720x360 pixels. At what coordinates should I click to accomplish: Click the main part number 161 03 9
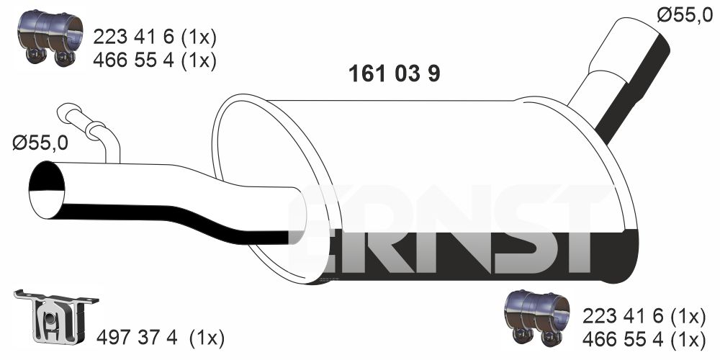coord(394,73)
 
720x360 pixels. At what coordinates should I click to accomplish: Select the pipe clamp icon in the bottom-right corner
coord(537,318)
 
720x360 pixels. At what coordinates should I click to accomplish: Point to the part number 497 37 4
coord(137,338)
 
